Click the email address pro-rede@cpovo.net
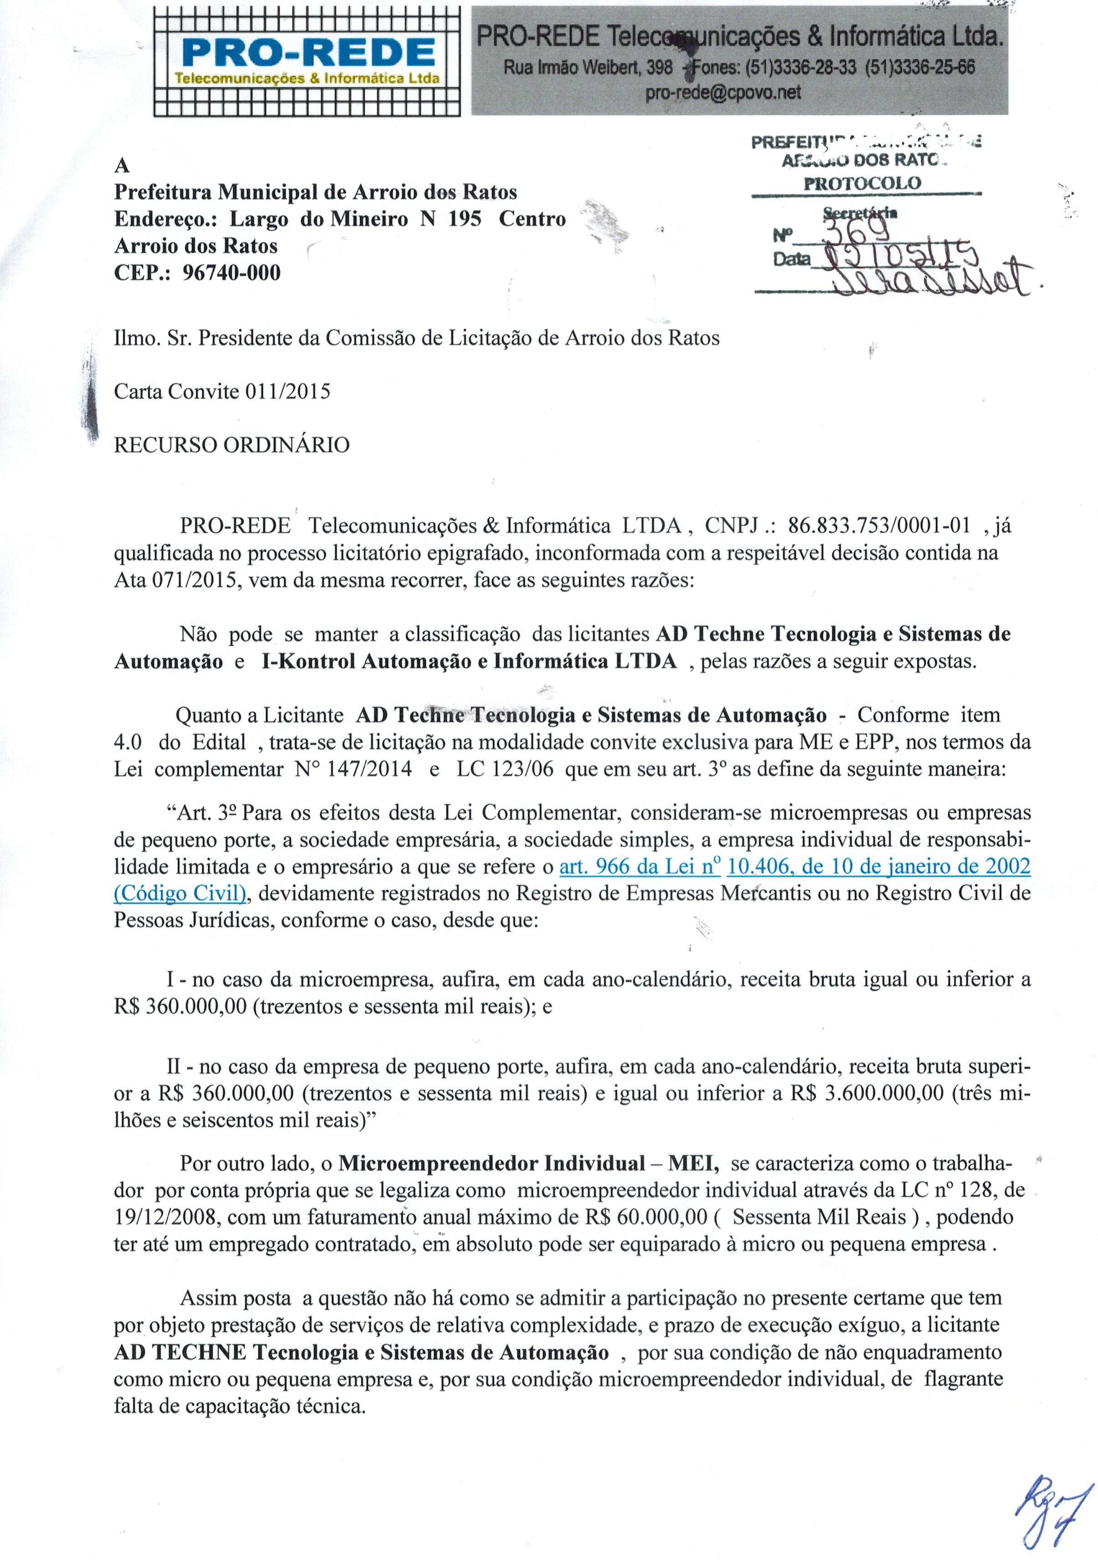coord(723,92)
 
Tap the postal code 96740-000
coord(232,273)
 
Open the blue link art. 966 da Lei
coord(640,866)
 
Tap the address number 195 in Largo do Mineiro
coord(464,219)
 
